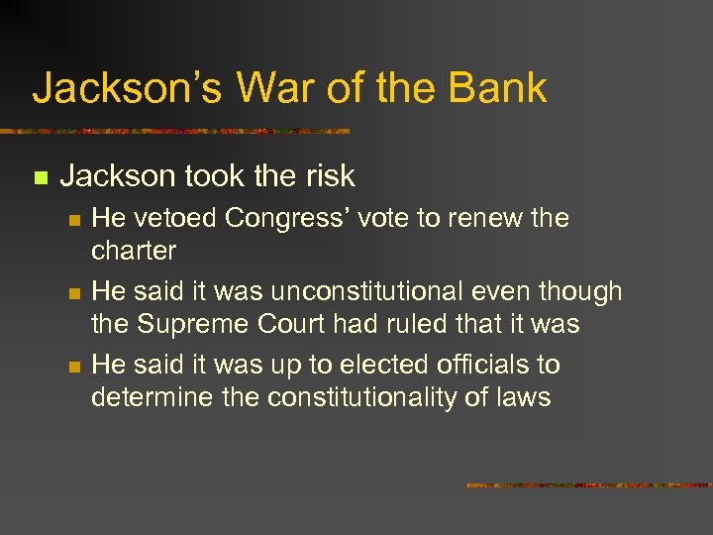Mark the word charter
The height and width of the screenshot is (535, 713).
point(133,250)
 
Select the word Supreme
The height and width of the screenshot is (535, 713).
point(193,323)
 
